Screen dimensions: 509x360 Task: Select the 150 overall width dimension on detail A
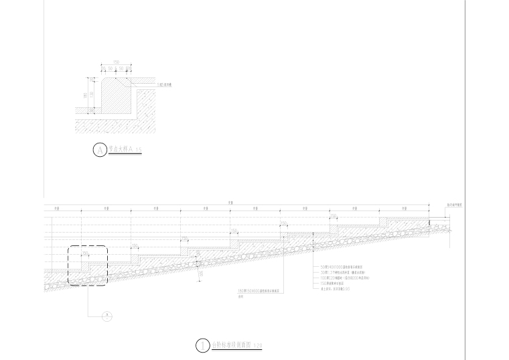click(116, 63)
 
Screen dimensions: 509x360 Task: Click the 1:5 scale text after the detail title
click(137, 150)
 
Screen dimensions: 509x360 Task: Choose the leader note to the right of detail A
click(165, 86)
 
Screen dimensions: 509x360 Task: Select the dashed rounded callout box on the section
click(87, 266)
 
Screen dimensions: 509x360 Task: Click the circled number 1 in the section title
click(202, 346)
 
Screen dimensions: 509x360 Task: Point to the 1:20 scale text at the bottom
click(258, 347)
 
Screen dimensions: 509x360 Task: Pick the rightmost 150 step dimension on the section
click(333, 216)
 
